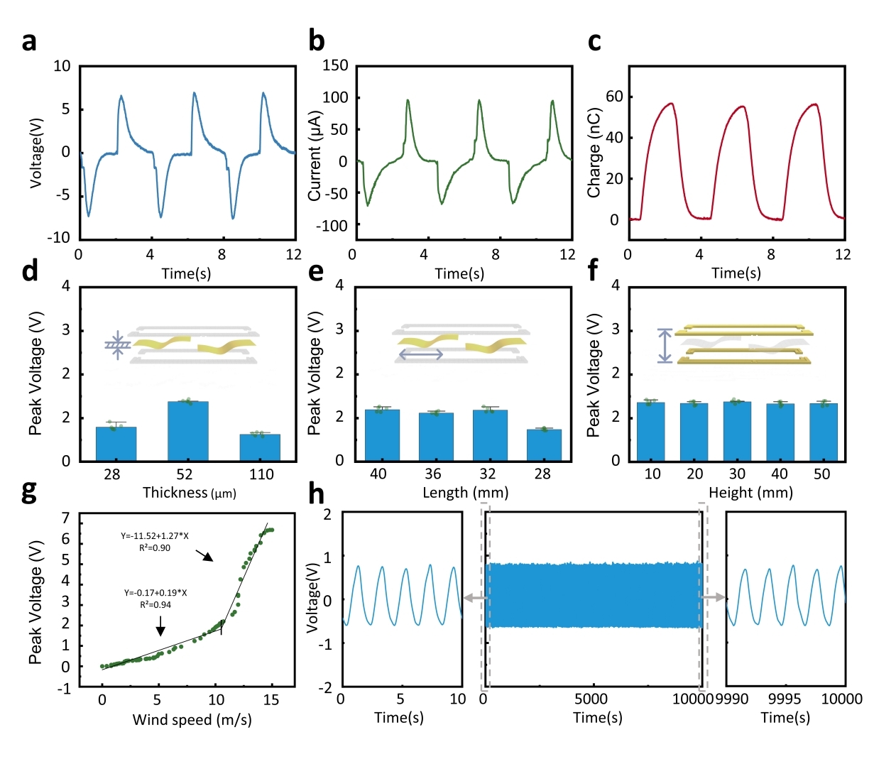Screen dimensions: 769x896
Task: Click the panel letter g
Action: (x=29, y=491)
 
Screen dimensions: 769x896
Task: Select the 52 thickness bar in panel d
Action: (x=187, y=431)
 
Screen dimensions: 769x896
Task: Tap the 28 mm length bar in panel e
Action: (x=544, y=445)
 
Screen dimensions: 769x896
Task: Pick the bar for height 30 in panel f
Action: (x=737, y=431)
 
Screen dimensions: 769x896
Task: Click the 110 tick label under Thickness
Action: (x=261, y=474)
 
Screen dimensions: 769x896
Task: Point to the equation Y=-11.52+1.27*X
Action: (x=155, y=536)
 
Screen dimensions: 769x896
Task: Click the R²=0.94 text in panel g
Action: (x=155, y=605)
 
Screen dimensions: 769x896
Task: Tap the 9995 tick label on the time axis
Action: (x=785, y=699)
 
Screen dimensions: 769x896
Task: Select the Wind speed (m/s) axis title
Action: (x=192, y=720)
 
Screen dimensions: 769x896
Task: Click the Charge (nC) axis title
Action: (x=594, y=153)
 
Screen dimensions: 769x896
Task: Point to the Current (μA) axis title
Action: (x=315, y=156)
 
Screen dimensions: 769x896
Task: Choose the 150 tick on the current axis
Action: (x=335, y=65)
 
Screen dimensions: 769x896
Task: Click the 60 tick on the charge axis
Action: (x=614, y=97)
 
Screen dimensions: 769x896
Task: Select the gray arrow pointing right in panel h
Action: (x=714, y=598)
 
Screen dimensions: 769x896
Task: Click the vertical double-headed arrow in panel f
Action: (x=665, y=346)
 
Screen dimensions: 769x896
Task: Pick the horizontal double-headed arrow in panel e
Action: (x=420, y=354)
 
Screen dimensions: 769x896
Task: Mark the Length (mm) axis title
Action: (x=465, y=493)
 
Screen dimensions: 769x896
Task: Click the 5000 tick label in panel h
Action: (x=591, y=699)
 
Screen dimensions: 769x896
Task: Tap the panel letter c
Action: (x=594, y=42)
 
